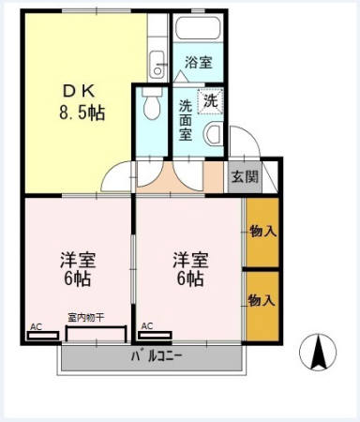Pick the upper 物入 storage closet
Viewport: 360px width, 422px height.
(x=262, y=230)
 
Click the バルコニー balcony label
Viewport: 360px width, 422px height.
(x=156, y=356)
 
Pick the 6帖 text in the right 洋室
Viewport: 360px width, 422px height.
(x=187, y=279)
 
